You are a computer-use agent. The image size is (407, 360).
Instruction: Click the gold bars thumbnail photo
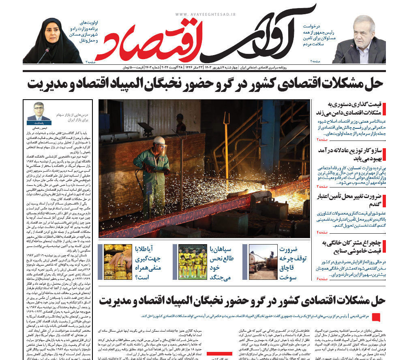click(x=118, y=262)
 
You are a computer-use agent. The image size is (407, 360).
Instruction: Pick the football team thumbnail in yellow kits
click(x=193, y=262)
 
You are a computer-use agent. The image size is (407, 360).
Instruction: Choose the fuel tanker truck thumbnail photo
click(x=261, y=262)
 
